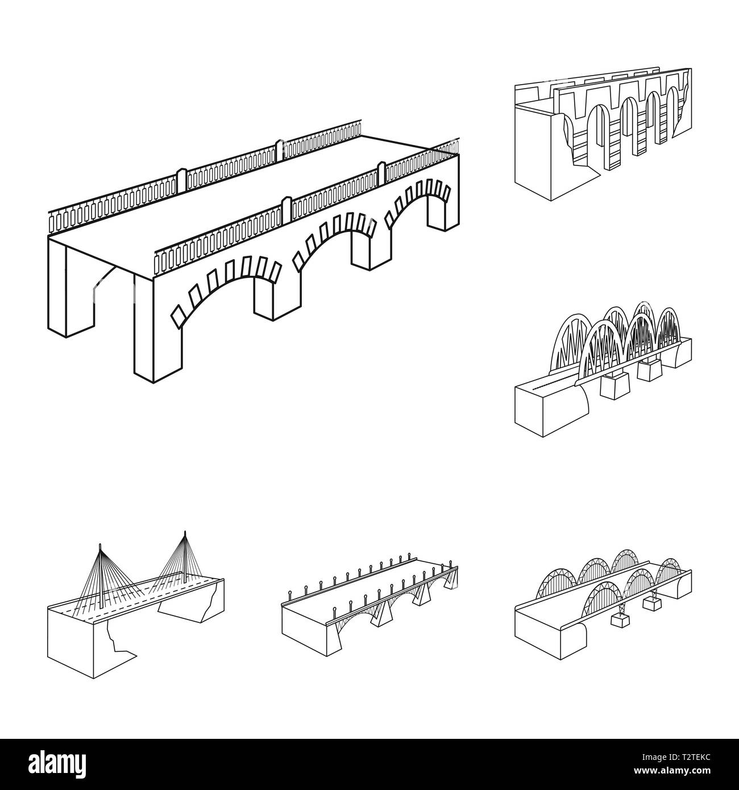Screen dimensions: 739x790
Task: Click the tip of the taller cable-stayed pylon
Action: pos(185,532)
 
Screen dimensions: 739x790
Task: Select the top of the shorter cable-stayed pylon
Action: pos(100,545)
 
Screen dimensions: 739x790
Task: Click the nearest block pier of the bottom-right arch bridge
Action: pos(620,621)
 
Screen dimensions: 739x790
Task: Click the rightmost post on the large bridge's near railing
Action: pos(381,173)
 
